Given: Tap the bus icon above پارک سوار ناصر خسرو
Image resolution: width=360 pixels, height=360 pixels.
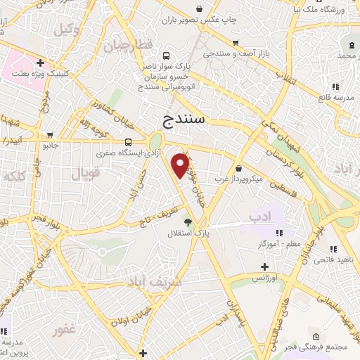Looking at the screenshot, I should click(x=165, y=56).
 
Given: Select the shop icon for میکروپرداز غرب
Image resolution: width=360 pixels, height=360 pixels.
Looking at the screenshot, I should click(x=239, y=169).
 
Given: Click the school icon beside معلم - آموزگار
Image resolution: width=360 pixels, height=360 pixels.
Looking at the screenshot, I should click(x=278, y=233).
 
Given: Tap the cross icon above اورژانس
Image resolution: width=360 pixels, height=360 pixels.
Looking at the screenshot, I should click(x=264, y=266).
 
